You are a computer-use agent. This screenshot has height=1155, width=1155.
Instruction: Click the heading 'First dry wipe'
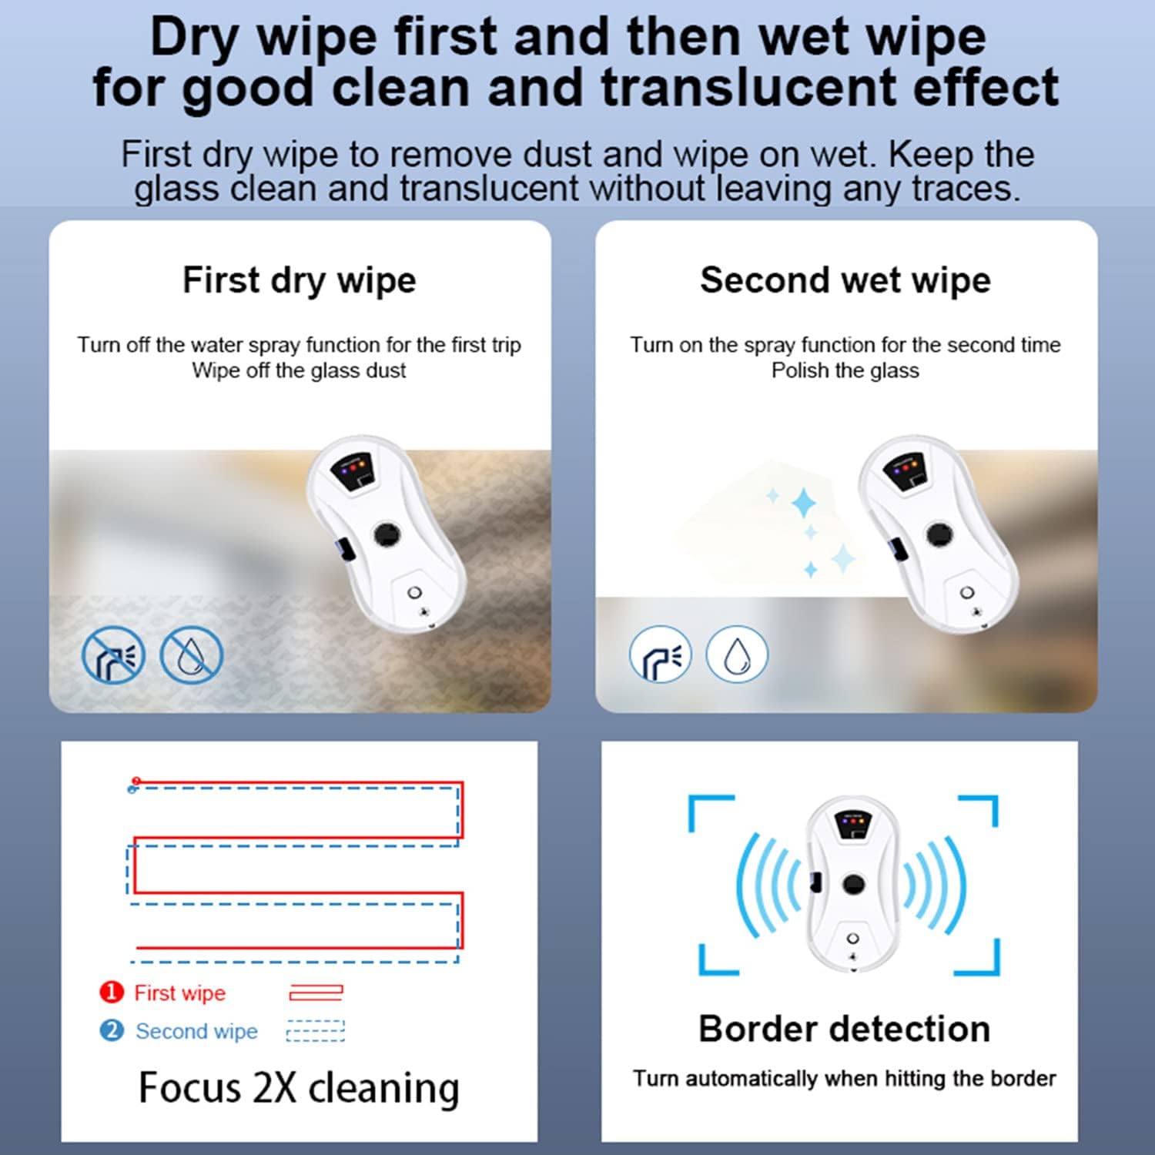coord(299,280)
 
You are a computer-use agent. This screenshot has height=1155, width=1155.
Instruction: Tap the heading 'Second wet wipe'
coord(845,280)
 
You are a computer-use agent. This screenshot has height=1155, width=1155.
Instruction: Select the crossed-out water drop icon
coord(191,655)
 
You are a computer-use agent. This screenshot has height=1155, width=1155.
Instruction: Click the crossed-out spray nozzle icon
coord(113,655)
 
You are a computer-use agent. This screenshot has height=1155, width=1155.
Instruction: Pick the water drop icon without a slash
coord(737,654)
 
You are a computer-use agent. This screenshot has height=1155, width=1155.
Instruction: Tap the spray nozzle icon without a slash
coord(660,654)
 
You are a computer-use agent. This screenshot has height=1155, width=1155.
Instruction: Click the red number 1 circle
coord(112,992)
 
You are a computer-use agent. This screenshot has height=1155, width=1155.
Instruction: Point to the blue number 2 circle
coord(112,1030)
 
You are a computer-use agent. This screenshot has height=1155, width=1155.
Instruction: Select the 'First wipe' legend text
coord(179,993)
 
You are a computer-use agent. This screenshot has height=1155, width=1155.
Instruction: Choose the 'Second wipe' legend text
coord(196,1031)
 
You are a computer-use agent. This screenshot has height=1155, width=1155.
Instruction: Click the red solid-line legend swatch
coord(316,993)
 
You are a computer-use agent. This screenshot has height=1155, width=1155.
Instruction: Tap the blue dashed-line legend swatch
coord(316,1030)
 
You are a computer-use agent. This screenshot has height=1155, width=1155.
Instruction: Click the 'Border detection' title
coord(844,1029)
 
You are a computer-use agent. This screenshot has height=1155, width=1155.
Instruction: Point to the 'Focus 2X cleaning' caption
coord(299,1088)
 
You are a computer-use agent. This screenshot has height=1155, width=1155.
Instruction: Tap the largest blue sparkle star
coord(805,503)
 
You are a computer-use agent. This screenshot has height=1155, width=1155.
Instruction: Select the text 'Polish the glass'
coord(845,370)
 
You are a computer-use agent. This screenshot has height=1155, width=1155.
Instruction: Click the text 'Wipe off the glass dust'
coord(299,370)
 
